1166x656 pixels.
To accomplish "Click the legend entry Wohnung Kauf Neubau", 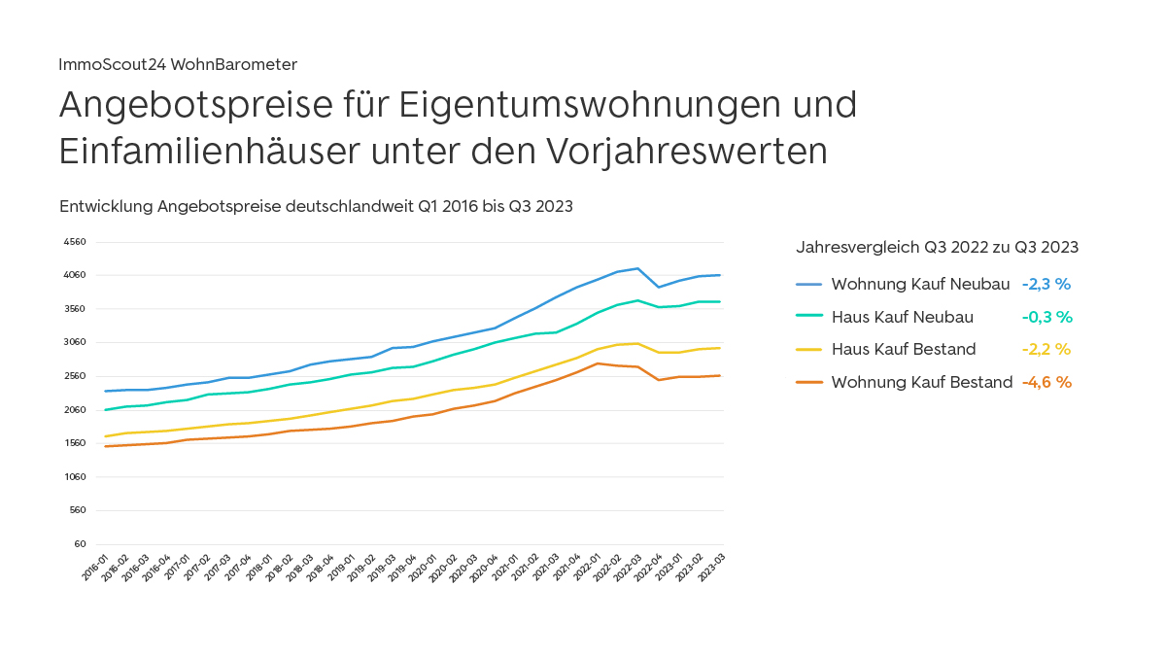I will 920,285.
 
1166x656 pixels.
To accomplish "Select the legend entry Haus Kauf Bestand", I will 904,349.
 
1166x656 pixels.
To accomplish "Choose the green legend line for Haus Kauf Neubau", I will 809,317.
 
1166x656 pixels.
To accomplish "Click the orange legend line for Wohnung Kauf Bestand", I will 809,382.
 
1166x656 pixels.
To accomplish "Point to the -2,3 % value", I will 1046,285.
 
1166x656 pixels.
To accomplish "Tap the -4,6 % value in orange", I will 1046,382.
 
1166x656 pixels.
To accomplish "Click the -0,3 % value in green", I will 1046,317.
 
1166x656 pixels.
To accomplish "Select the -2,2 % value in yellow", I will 1046,349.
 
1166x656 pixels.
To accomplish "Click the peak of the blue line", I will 637,268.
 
